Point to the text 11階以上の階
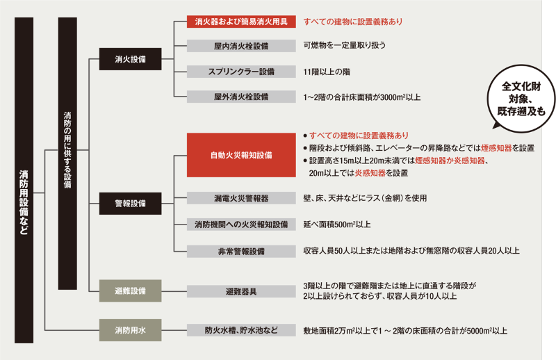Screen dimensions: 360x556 [326, 72]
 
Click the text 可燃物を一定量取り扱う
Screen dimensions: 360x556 [345, 46]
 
